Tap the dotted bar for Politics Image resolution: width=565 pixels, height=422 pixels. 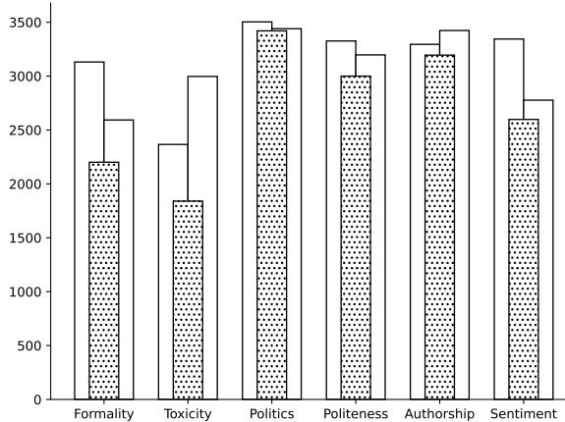pos(271,215)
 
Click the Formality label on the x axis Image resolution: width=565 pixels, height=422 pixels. pos(103,414)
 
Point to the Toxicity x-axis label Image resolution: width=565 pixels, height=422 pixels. pos(188,414)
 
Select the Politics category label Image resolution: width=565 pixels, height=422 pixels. pos(271,414)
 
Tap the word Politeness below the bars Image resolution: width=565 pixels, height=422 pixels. pos(356,414)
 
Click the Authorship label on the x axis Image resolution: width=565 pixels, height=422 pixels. pos(439,414)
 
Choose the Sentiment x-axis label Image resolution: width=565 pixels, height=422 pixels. pos(523,414)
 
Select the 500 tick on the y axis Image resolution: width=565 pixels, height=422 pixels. pos(41,346)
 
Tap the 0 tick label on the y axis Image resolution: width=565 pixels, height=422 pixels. pos(49,400)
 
